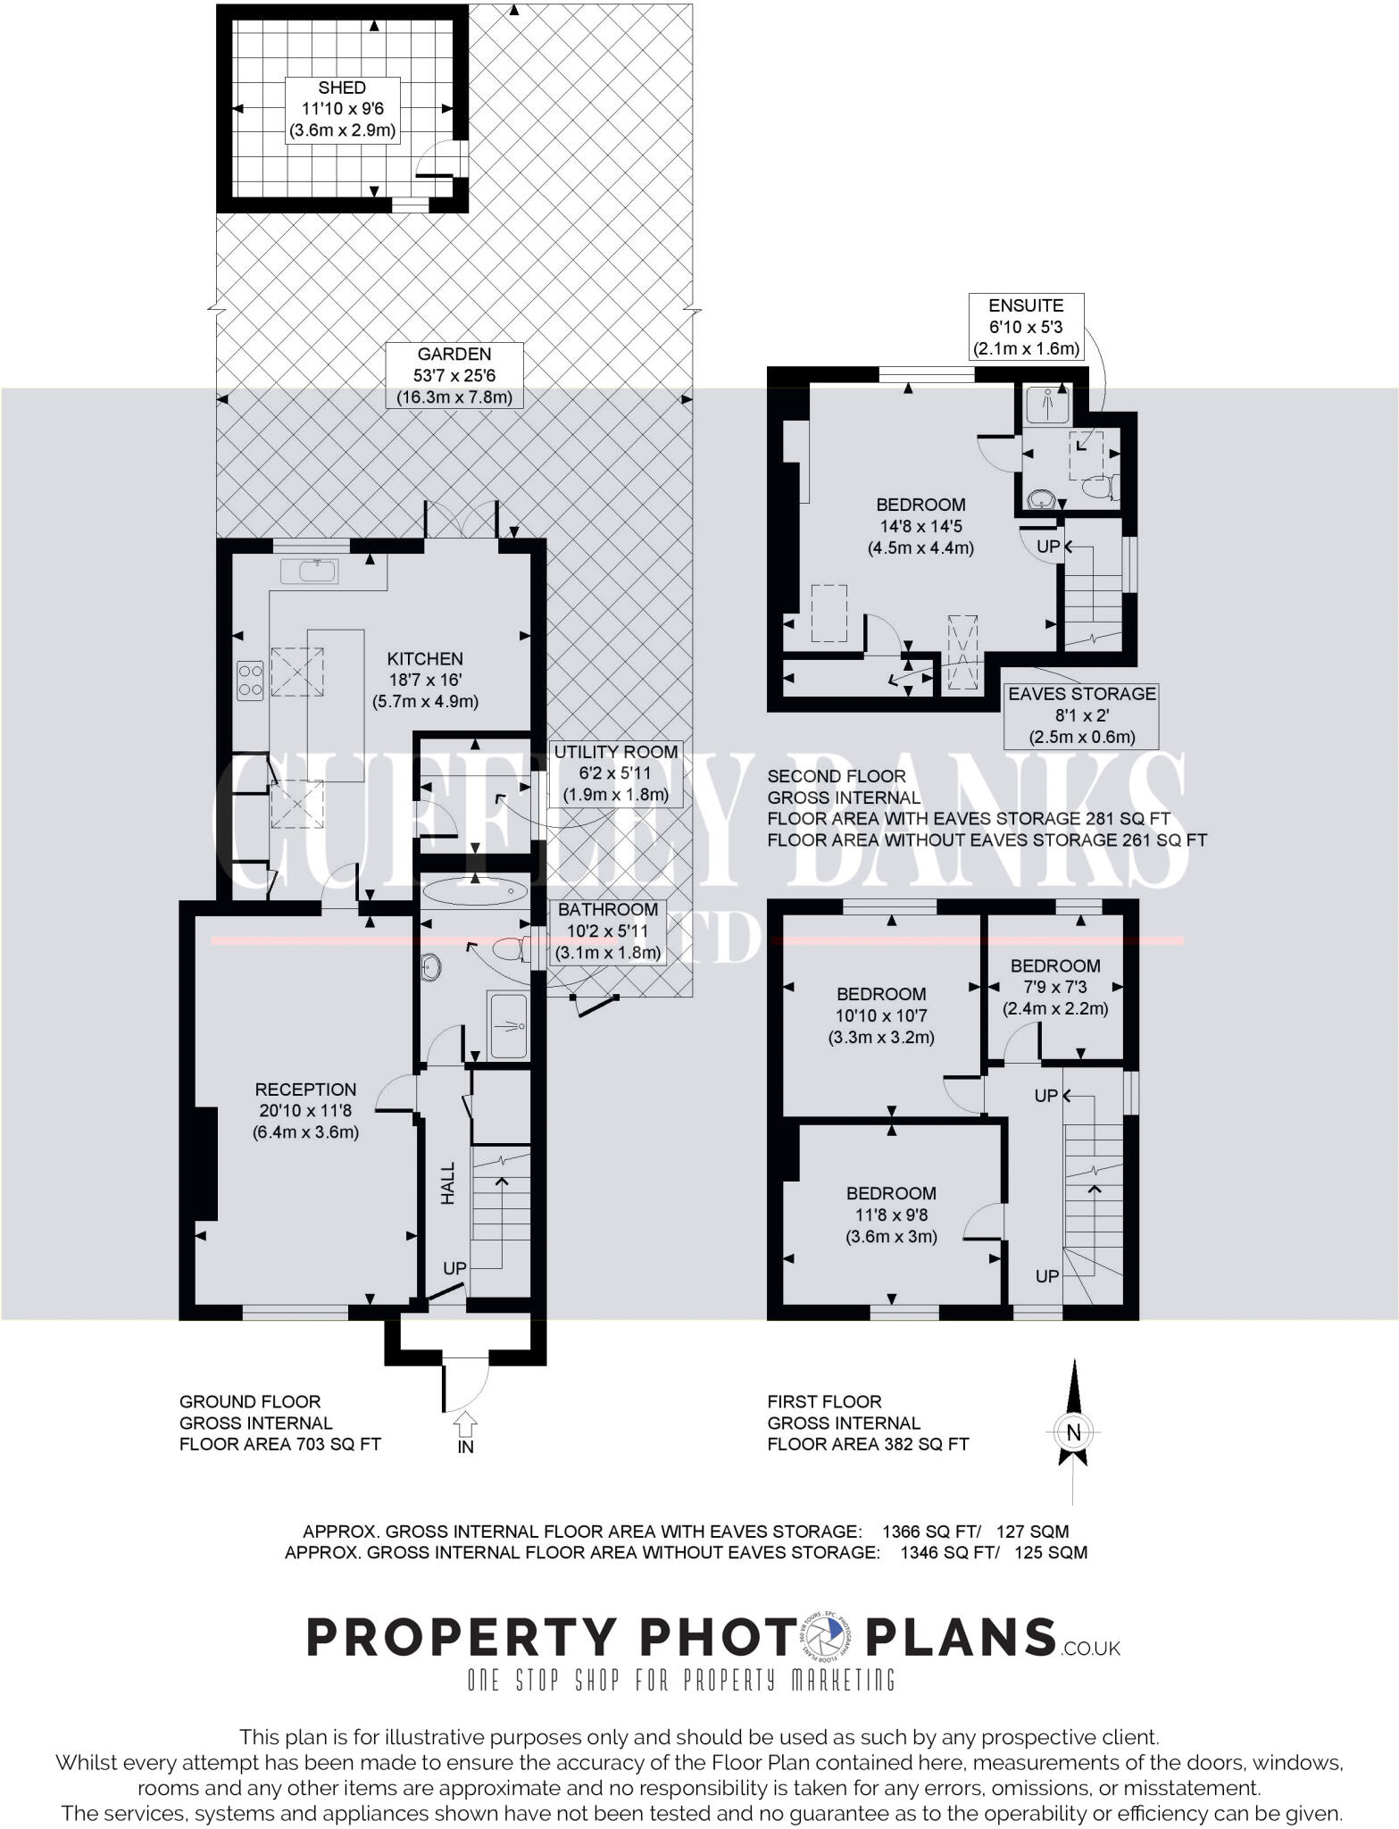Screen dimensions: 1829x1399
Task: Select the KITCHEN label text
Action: pos(425,659)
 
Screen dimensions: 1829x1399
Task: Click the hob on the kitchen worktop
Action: pos(249,680)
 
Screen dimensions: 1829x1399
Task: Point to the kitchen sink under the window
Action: pos(309,571)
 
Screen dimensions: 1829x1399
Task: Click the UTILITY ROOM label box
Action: pos(615,773)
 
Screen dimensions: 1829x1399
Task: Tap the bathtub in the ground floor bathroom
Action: pos(475,890)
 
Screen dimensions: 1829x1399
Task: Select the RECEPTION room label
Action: pos(305,1090)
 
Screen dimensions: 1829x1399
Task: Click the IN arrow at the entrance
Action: pos(466,1422)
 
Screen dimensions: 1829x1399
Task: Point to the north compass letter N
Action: pos(1073,1433)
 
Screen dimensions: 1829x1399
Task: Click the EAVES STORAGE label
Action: pos(1081,715)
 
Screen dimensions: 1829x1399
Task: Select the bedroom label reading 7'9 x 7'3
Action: pos(1054,987)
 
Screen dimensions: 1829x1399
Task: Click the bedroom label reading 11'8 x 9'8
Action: pos(891,1215)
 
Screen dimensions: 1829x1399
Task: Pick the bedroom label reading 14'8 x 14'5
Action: pos(920,526)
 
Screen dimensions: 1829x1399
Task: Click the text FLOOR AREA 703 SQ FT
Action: pos(280,1444)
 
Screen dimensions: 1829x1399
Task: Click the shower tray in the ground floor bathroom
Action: pos(509,1024)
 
